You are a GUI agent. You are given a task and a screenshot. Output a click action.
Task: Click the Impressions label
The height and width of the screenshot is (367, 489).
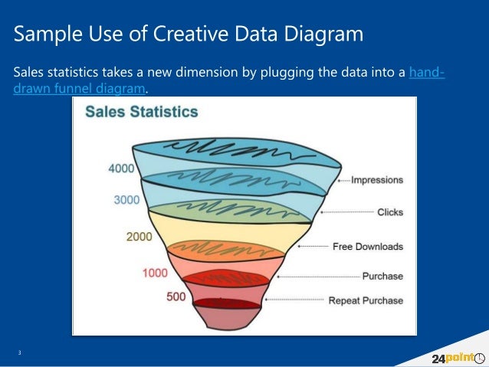coord(376,180)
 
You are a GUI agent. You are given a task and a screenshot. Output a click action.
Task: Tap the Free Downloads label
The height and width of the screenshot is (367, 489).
coord(367,247)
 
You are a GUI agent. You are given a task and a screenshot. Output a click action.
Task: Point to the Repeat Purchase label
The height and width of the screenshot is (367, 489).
coord(366,300)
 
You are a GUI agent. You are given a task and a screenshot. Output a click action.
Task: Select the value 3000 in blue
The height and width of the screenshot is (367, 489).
coord(126,199)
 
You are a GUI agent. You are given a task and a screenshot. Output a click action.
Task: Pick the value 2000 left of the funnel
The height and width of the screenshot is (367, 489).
coord(139,237)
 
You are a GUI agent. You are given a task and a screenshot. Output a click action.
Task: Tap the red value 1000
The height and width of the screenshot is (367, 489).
coord(156,273)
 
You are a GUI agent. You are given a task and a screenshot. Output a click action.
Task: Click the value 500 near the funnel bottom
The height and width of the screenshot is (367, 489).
coord(176,297)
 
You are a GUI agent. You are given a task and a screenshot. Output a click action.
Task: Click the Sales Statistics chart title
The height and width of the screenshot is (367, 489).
coord(141,112)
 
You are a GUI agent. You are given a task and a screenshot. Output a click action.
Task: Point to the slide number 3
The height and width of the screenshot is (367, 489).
coord(20,352)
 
